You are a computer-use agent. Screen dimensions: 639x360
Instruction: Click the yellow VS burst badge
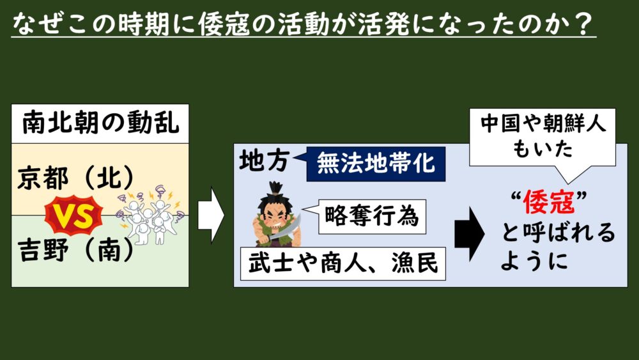(x=73, y=215)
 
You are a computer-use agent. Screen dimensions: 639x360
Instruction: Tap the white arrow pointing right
(x=211, y=215)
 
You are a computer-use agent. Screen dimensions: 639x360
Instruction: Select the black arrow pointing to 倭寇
(x=470, y=234)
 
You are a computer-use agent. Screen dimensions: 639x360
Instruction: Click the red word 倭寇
(x=548, y=202)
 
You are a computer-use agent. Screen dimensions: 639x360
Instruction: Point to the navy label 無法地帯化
(x=376, y=164)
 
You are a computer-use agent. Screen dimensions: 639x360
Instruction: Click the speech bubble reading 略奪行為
(x=372, y=217)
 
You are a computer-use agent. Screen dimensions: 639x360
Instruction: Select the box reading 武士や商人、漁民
(x=343, y=263)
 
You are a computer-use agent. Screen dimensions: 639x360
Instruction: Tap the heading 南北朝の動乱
(x=100, y=123)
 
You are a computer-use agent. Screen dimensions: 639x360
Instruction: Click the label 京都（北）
(x=76, y=178)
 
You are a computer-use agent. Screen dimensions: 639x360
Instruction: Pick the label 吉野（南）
(x=76, y=249)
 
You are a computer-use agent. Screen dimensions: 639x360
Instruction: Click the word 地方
(x=265, y=160)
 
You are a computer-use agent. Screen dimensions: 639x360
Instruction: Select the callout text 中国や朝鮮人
(x=543, y=123)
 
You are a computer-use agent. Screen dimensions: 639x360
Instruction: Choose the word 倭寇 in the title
(x=223, y=24)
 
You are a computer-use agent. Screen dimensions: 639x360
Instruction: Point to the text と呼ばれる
(x=558, y=232)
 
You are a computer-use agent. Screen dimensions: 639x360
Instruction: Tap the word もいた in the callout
(x=543, y=148)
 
